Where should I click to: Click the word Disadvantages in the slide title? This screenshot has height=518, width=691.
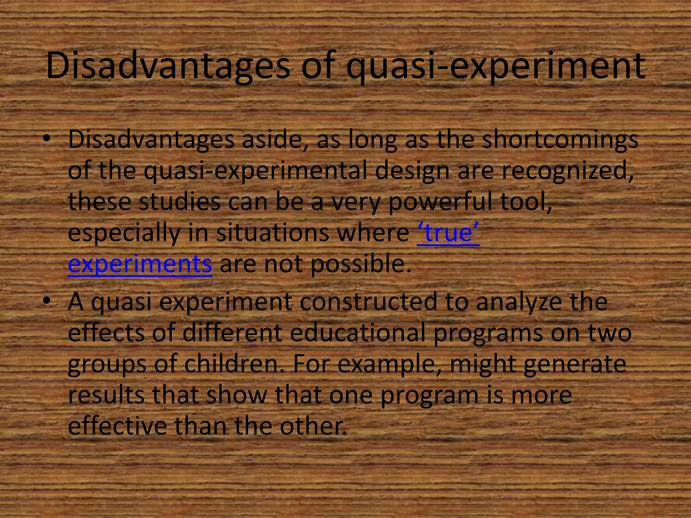coord(168,65)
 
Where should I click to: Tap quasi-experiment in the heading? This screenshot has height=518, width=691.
coord(496,65)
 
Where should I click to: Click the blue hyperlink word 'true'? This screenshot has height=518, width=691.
coord(448,233)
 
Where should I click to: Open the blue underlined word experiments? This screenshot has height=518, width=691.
coord(140,264)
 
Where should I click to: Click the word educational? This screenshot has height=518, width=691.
coord(357,333)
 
